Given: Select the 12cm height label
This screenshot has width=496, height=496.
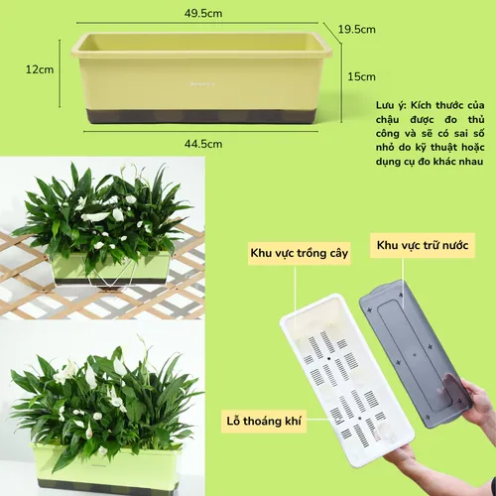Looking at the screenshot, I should [40, 69].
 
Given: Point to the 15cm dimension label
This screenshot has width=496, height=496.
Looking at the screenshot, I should [362, 76].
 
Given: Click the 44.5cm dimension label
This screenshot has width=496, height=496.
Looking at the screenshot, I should [201, 144].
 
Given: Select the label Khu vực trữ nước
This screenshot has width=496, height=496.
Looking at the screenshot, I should [423, 243].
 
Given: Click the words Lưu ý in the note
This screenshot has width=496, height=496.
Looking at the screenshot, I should [392, 104].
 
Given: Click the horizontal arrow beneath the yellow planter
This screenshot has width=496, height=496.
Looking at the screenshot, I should [201, 131].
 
